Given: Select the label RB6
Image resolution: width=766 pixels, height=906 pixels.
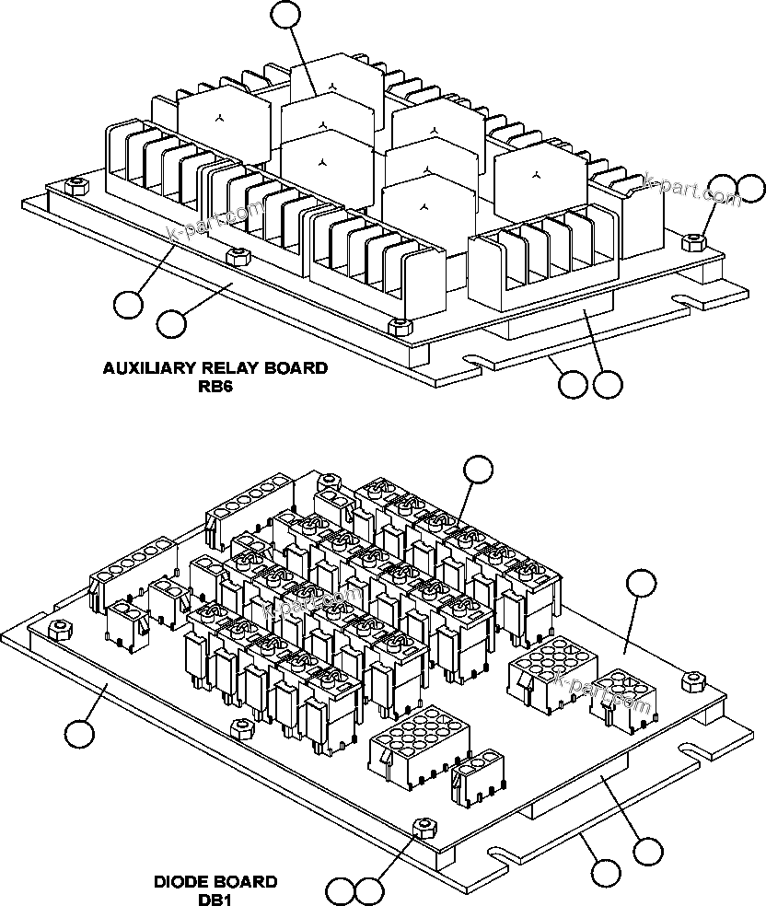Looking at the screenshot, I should click(x=215, y=387).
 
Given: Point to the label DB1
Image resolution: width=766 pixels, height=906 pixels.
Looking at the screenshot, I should click(x=215, y=900).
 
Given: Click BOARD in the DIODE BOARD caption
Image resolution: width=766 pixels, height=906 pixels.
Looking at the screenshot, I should click(x=246, y=882).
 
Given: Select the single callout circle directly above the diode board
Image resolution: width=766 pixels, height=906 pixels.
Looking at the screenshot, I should click(x=477, y=468).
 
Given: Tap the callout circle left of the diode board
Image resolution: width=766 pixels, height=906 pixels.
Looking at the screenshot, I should click(x=80, y=734).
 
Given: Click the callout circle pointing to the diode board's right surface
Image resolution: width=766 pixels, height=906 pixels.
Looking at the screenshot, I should click(x=641, y=583).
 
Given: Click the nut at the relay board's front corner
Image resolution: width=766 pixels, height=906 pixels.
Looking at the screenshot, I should click(x=398, y=327).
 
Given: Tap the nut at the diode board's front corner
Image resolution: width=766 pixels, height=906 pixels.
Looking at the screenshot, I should click(x=423, y=826).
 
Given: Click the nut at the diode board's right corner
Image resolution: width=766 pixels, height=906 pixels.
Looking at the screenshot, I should click(x=693, y=679).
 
